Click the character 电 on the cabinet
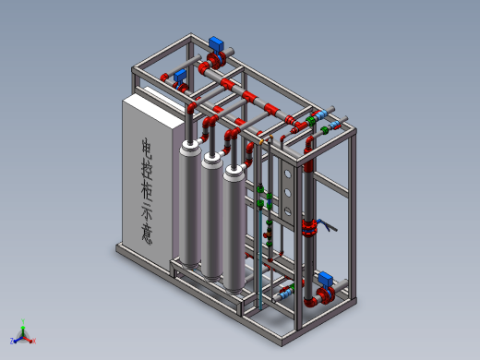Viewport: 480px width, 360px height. tap(147, 150)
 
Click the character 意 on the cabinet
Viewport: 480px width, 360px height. tap(147, 234)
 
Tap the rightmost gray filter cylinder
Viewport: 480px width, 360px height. tap(234, 229)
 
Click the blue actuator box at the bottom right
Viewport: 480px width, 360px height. tap(325, 279)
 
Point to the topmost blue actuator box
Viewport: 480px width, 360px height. tap(216, 44)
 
